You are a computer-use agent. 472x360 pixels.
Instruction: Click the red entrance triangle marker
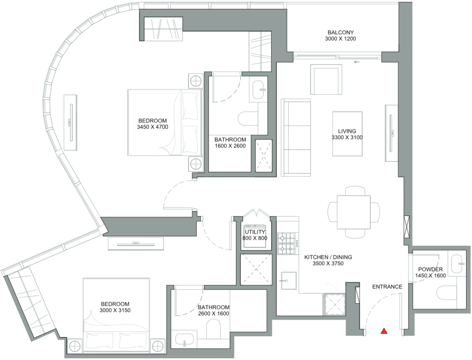point(384,331)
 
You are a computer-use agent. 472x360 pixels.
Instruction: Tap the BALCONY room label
point(340,32)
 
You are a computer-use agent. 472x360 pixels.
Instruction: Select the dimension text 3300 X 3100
point(347,137)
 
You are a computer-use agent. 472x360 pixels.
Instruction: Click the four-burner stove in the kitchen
point(287,243)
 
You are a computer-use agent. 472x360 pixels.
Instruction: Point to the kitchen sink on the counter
point(288,280)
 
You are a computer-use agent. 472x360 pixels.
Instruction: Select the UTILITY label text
point(255,232)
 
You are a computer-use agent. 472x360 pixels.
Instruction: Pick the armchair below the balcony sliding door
point(326,80)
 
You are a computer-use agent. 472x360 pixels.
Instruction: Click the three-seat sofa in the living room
point(296,138)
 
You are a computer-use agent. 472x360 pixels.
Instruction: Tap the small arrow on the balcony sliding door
point(357,62)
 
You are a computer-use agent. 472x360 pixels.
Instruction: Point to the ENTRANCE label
point(387,286)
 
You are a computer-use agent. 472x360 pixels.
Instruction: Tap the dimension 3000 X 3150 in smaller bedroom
point(115,310)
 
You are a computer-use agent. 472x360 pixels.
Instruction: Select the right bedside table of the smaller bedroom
point(158,346)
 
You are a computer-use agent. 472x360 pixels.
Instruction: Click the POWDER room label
point(430,269)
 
